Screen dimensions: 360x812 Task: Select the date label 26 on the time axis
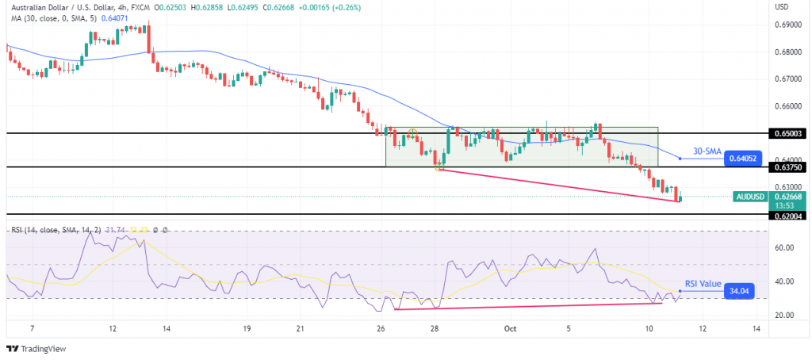coord(381,328)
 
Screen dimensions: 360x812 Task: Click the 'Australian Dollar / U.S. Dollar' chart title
coord(63,7)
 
